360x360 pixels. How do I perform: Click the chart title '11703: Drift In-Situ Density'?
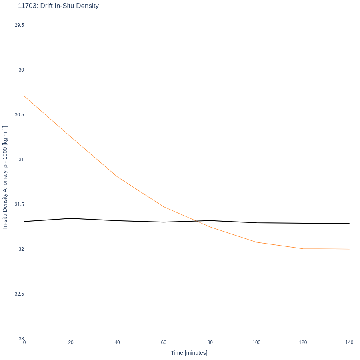(x=58, y=6)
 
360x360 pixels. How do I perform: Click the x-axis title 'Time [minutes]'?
(x=189, y=353)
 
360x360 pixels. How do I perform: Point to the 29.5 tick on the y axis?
(x=19, y=25)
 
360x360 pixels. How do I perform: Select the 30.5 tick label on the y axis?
(x=19, y=114)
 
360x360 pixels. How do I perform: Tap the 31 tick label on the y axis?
(x=21, y=159)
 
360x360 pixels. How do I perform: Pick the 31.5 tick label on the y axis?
(x=19, y=204)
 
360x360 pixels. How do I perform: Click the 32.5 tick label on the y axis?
(x=19, y=294)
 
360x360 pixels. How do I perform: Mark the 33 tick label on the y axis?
(x=21, y=339)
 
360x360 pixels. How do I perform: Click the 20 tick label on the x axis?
(x=71, y=342)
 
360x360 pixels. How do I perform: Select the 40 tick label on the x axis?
(x=117, y=342)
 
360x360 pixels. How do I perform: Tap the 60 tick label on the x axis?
(x=164, y=342)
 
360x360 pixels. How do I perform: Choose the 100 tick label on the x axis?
(x=256, y=342)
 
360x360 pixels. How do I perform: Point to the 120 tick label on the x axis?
(x=303, y=342)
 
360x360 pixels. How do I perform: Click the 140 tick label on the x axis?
(x=349, y=342)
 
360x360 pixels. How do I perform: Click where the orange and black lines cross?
(x=196, y=221)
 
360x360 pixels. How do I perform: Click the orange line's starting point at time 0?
(x=24, y=96)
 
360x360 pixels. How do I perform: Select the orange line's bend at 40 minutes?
(x=117, y=177)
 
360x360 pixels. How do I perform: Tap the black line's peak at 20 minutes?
(x=71, y=218)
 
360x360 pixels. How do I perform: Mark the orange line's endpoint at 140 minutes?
(x=349, y=249)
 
